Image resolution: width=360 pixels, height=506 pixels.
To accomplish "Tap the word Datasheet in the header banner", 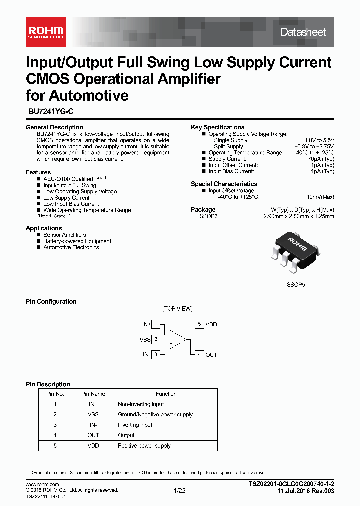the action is [303, 32].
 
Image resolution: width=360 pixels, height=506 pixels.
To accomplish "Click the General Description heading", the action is [54, 127].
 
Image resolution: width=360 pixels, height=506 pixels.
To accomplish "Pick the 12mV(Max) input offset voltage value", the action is [320, 197].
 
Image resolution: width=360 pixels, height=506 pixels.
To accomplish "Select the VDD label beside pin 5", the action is [211, 324].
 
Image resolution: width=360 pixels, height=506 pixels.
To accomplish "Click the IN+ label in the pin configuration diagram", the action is [146, 324].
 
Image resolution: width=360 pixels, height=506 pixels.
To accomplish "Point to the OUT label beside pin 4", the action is [211, 355].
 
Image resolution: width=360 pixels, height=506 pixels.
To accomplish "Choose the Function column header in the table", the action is [166, 394].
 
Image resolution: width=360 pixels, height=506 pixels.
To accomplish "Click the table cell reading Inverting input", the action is [135, 425].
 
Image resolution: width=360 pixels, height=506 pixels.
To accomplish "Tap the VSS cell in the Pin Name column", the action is [93, 414].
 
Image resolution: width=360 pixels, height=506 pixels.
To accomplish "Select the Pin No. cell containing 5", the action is [55, 446].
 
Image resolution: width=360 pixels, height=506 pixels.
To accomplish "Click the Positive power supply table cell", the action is [144, 446].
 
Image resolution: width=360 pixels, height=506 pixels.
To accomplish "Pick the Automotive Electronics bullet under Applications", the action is [71, 247].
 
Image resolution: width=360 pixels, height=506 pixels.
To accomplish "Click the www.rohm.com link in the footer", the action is [42, 485].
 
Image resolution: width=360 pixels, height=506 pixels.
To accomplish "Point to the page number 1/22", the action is [179, 491].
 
